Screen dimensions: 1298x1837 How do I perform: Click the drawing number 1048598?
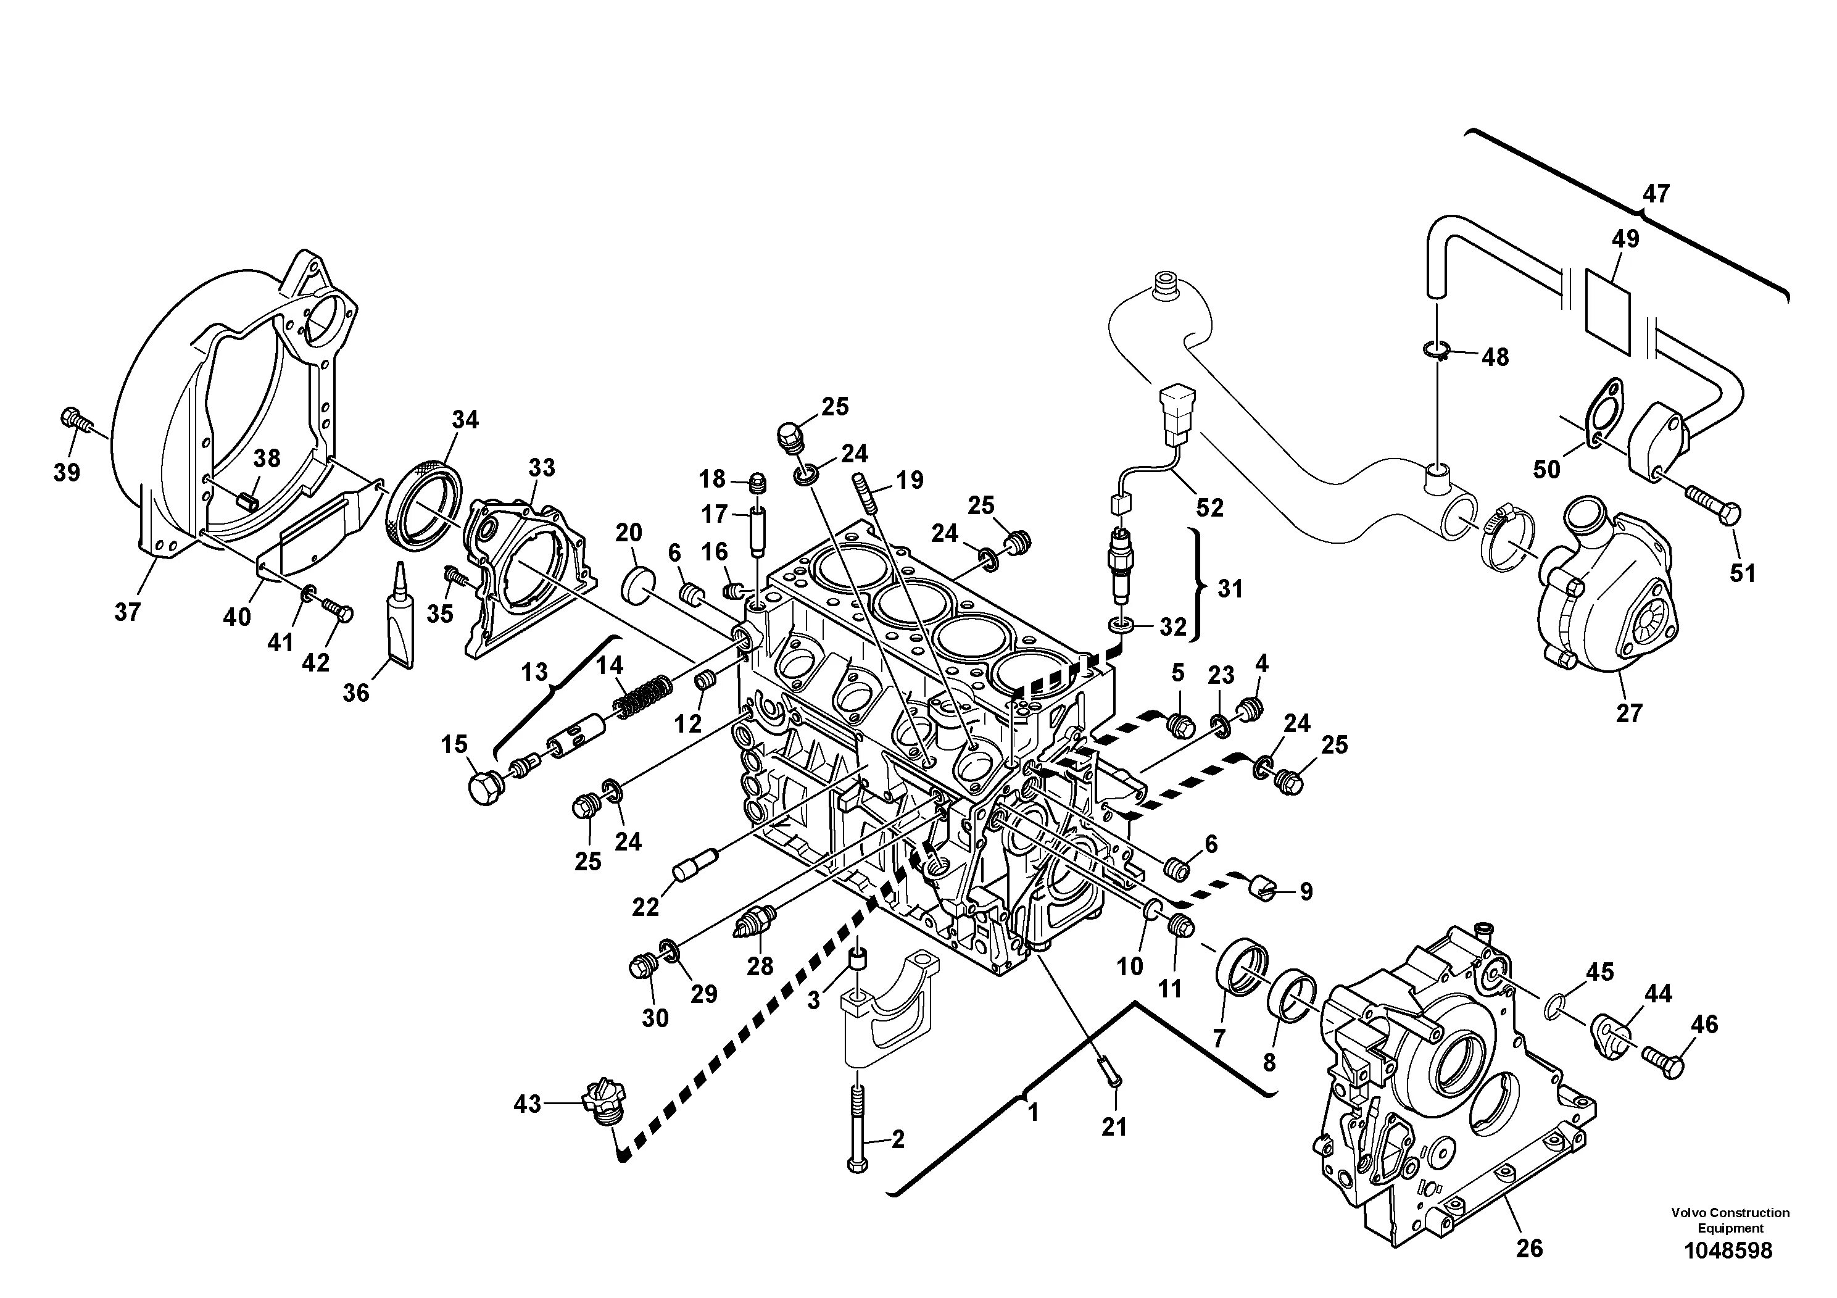coord(1728,1251)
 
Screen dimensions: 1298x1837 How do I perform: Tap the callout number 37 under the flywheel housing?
coord(127,612)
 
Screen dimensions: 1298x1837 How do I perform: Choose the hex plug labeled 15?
coord(485,788)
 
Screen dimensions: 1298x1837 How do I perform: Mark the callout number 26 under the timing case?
coord(1529,1249)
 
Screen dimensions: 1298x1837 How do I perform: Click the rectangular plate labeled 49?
coord(1607,312)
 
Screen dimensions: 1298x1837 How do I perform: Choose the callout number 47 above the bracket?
coord(1656,194)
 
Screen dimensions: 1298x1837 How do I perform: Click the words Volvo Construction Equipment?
coord(1729,1220)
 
